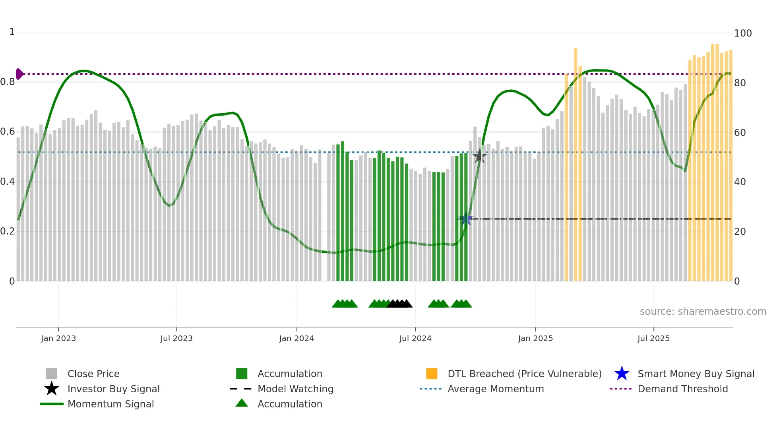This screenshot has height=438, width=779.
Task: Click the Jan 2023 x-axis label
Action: pyautogui.click(x=58, y=338)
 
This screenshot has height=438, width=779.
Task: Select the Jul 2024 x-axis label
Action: pyautogui.click(x=415, y=338)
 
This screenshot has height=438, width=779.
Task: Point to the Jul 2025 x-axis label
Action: pyautogui.click(x=653, y=338)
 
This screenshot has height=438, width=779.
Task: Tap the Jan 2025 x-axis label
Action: pyautogui.click(x=535, y=338)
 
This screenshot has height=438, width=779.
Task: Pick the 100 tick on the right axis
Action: pyautogui.click(x=743, y=33)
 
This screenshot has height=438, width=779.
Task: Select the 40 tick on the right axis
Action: pyautogui.click(x=740, y=182)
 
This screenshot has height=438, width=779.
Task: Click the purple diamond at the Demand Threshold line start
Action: pyautogui.click(x=19, y=74)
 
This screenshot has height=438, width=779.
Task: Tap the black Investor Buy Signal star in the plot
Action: pyautogui.click(x=479, y=156)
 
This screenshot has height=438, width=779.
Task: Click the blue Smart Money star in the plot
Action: pyautogui.click(x=466, y=219)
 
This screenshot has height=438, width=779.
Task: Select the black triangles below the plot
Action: pyautogui.click(x=400, y=304)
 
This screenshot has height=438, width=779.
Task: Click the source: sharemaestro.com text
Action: pyautogui.click(x=703, y=312)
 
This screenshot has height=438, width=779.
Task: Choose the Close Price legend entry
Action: pyautogui.click(x=93, y=374)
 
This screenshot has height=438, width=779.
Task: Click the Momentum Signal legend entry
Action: pyautogui.click(x=110, y=404)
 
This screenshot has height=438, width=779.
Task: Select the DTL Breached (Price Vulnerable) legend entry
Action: pyautogui.click(x=524, y=374)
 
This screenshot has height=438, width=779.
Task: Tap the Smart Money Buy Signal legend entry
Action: pyautogui.click(x=696, y=374)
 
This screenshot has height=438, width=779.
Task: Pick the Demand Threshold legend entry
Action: pyautogui.click(x=682, y=389)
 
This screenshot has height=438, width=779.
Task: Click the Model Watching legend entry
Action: pyautogui.click(x=295, y=389)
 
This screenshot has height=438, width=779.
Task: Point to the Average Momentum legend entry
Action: pyautogui.click(x=496, y=389)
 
